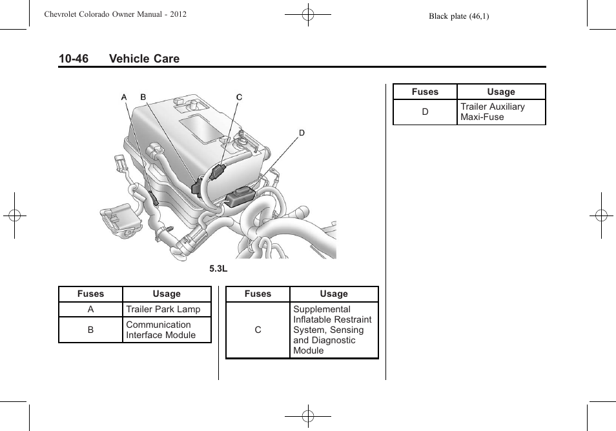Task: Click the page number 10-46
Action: point(73,59)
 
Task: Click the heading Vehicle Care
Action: point(144,59)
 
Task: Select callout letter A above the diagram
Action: point(124,97)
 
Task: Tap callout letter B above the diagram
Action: point(143,97)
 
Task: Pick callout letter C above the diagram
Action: point(239,97)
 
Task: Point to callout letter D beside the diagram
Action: point(301,133)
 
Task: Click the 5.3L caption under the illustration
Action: point(218,269)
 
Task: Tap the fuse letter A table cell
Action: point(90,309)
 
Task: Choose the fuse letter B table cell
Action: point(90,330)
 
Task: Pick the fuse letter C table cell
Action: point(258,330)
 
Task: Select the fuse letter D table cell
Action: point(425,112)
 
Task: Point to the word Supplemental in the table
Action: point(322,309)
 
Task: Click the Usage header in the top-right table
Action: point(501,92)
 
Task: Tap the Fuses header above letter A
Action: point(90,294)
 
